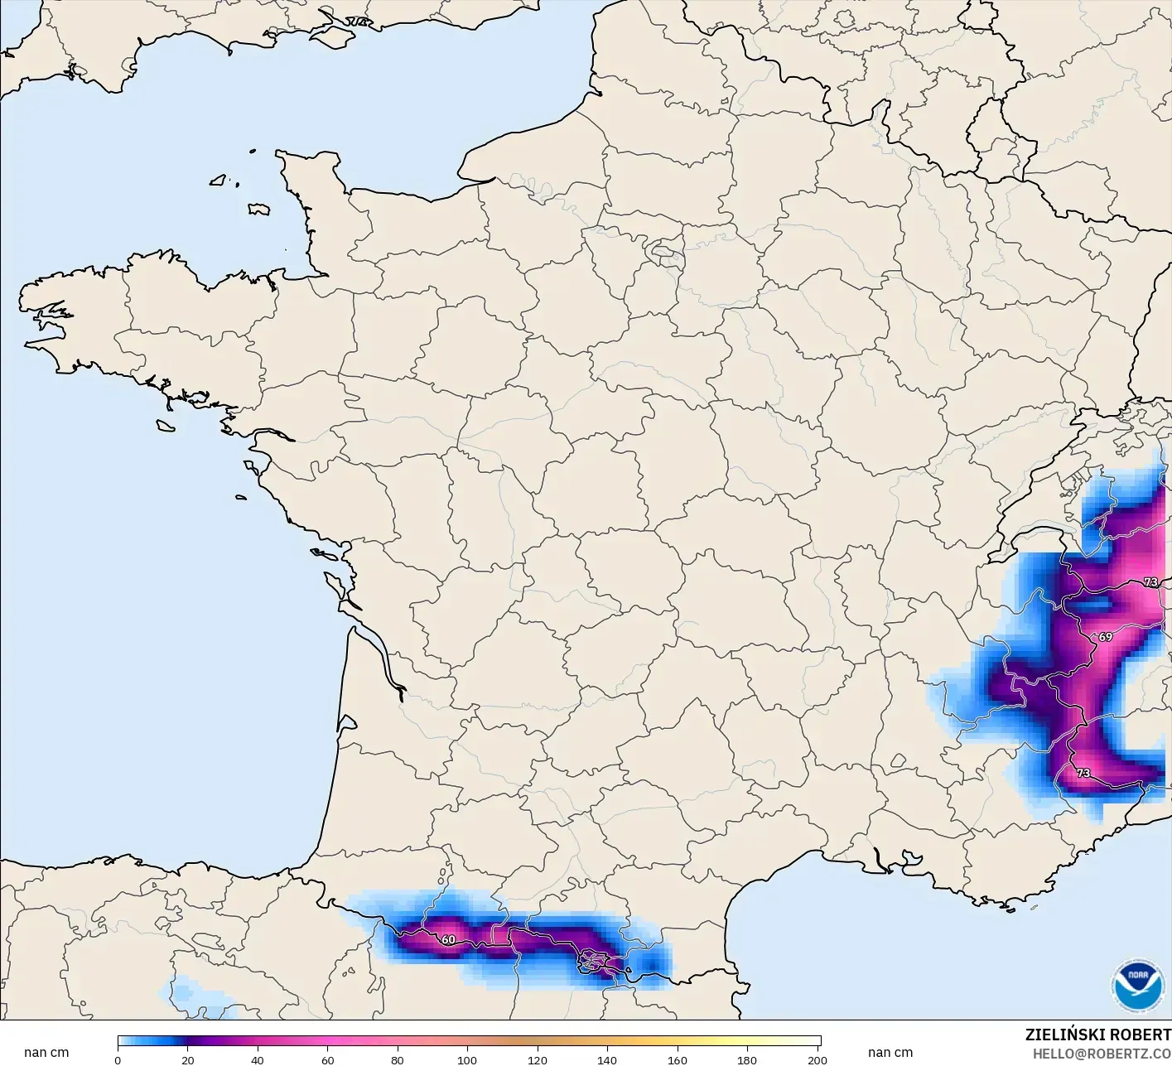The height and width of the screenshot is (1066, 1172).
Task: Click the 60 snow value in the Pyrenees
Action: point(448,940)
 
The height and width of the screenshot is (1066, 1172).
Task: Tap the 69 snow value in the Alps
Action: point(1106,637)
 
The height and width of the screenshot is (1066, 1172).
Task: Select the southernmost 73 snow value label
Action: point(1083,773)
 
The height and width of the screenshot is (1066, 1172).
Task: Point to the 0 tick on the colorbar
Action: point(118,1060)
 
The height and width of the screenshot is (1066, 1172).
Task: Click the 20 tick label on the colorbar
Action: point(188,1060)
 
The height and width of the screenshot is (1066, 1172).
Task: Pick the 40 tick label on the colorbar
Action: point(258,1060)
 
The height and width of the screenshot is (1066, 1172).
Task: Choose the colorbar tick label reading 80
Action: point(398,1060)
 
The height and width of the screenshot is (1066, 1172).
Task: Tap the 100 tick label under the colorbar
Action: point(467,1060)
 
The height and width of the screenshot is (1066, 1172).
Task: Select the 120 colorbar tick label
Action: point(538,1060)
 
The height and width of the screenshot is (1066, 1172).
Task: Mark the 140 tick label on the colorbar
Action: point(607,1060)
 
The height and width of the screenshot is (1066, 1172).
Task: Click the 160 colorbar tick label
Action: point(678,1060)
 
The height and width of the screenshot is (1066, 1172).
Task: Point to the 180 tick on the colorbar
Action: point(747,1060)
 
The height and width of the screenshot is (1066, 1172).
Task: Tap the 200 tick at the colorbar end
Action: point(817,1060)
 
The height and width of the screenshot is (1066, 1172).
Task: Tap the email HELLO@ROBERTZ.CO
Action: point(1102,1053)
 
